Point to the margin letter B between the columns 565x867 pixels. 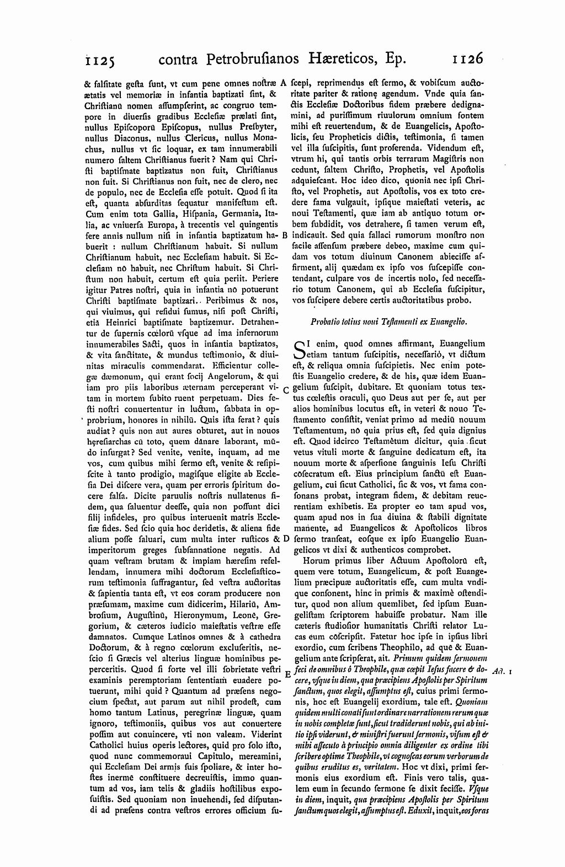(284, 235)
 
